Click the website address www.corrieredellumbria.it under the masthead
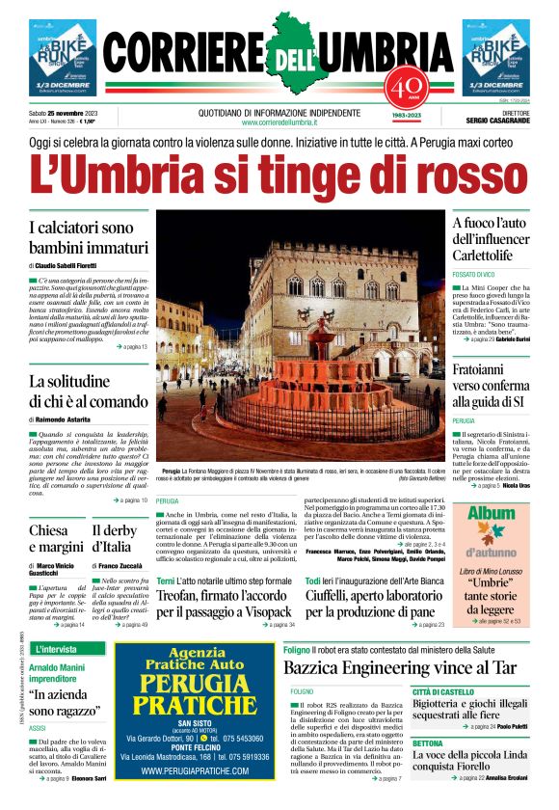279,122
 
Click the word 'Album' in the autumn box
492,515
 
